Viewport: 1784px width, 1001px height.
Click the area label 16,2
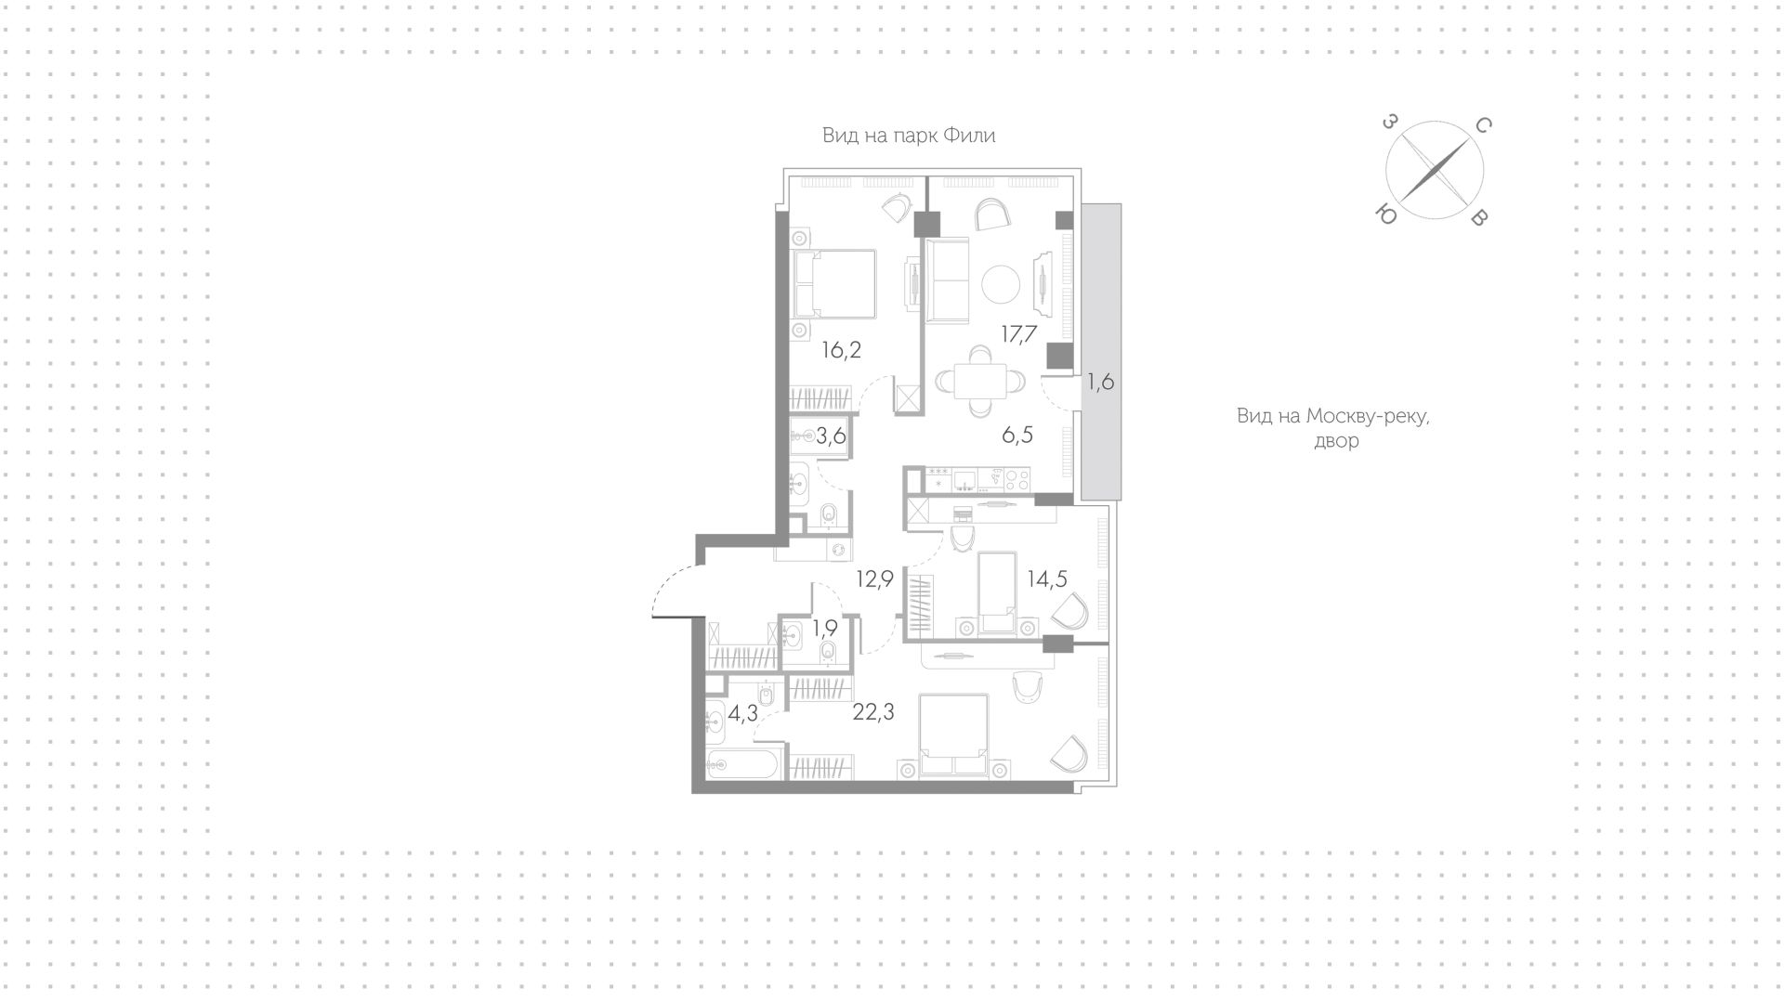click(x=842, y=350)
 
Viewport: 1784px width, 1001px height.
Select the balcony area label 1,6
click(x=1100, y=382)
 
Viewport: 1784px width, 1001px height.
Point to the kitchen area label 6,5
click(x=1017, y=435)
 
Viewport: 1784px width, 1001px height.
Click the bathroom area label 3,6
click(x=831, y=435)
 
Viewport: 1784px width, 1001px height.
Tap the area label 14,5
click(x=1046, y=578)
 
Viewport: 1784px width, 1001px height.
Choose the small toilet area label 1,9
click(x=825, y=629)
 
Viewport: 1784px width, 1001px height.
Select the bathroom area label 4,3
click(x=743, y=714)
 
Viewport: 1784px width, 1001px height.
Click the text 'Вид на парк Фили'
click(x=909, y=136)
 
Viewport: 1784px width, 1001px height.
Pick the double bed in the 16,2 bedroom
click(x=834, y=282)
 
